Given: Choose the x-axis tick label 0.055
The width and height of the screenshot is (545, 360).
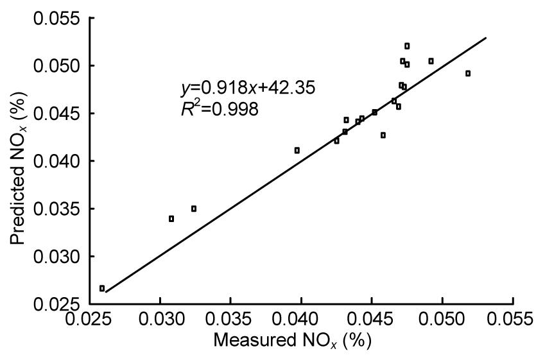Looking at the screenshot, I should tap(512, 320).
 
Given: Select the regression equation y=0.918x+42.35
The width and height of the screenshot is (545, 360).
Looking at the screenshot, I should tap(247, 89).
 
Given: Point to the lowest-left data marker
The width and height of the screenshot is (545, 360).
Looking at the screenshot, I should tap(102, 288).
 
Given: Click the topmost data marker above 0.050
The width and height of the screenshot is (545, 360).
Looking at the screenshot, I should tap(407, 46).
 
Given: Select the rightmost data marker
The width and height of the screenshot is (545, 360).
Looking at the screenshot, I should tap(468, 73).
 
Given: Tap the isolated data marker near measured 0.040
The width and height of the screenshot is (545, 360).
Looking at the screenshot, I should tap(297, 150).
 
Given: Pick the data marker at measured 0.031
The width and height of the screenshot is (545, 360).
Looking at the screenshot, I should tap(171, 219).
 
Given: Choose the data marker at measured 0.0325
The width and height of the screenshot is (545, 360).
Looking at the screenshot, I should tap(194, 209).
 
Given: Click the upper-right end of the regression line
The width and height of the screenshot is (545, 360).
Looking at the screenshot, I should tap(486, 38).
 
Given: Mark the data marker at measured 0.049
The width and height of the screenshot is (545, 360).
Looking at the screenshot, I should tap(431, 61).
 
